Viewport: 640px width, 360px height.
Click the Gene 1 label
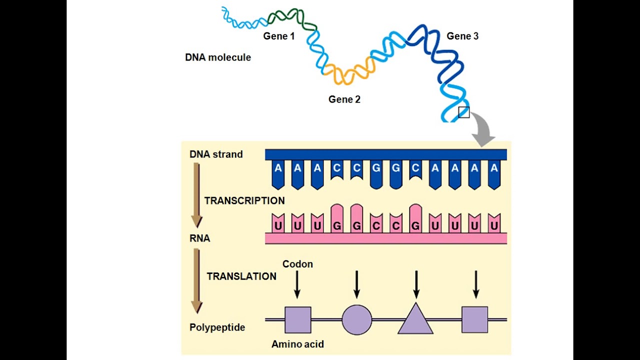coord(279,36)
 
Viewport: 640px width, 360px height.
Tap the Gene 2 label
coord(344,99)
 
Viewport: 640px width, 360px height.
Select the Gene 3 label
coord(462,36)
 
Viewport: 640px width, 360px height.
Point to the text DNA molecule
coord(218,57)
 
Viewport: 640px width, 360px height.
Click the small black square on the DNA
coord(464,112)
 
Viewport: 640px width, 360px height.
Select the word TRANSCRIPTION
coord(244,200)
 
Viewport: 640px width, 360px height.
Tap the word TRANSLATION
coord(241,276)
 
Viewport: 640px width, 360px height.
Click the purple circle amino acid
coord(357,319)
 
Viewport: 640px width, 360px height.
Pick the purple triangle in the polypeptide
coord(415,320)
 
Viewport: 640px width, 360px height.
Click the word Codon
coord(297,264)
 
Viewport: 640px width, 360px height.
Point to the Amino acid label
coord(297,344)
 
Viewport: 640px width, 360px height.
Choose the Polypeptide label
coord(217,327)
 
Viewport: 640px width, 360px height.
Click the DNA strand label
coord(216,154)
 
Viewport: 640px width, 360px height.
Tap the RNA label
coord(200,238)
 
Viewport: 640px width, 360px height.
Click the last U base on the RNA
coord(494,226)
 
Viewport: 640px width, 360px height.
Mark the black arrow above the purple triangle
coord(416,284)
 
